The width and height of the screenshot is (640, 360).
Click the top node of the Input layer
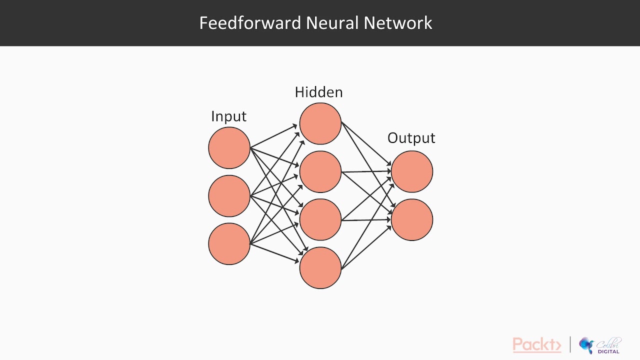pos(229,148)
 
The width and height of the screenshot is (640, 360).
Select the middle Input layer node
pos(229,196)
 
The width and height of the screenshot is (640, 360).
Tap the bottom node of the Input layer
pos(229,244)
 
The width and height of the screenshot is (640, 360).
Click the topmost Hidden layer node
pos(320,123)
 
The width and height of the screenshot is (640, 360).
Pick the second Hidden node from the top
pos(320,171)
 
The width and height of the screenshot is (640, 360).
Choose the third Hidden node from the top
pos(320,219)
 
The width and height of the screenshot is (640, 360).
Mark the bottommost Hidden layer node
pos(320,267)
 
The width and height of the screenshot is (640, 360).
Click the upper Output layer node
pos(411,171)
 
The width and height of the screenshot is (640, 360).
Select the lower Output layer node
pos(411,219)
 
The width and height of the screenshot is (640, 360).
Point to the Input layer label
pos(228,116)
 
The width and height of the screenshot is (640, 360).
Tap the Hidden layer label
pos(318,92)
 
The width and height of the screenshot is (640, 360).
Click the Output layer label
pos(411,138)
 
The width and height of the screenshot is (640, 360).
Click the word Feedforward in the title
pos(249,23)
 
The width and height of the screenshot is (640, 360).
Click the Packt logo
pos(536,345)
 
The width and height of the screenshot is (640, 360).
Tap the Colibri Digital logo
pos(600,345)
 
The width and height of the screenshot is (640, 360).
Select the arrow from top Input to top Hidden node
pos(274,136)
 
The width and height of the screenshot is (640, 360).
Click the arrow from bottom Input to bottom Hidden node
pos(274,252)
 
